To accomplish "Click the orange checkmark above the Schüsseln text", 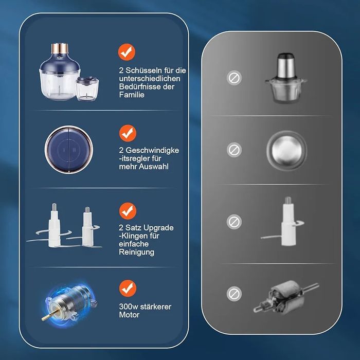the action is tap(127, 52).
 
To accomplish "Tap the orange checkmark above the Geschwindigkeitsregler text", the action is tap(128, 133).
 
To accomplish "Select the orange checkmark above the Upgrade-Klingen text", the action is tap(128, 211).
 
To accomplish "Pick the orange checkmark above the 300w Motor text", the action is tap(128, 289).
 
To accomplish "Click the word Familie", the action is tap(132, 95).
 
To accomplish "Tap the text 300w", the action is tap(129, 307).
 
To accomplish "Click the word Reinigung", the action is tap(136, 252).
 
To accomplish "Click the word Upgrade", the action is tap(157, 228).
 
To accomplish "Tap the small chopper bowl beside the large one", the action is tap(87, 89).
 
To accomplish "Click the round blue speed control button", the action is tap(69, 150).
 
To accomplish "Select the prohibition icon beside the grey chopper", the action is tap(234, 78).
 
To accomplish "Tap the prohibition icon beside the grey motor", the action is tap(234, 294).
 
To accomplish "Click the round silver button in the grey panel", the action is tap(286, 150).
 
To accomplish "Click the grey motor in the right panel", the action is tap(286, 297).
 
